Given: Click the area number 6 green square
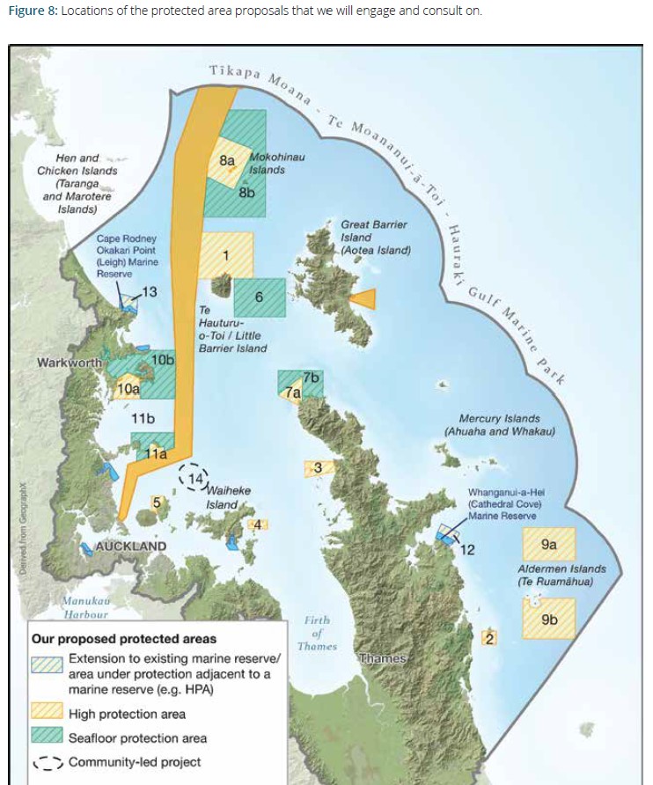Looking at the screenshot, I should [260, 297].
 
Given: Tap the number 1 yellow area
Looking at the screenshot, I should [226, 255].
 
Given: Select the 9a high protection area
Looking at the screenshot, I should [548, 546].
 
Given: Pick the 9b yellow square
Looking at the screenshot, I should [549, 619].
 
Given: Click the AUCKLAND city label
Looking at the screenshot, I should [130, 547].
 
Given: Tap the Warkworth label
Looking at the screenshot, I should [70, 363].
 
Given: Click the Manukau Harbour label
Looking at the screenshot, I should [85, 607].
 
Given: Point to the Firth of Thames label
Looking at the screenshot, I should [317, 633].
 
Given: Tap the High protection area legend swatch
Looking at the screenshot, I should [48, 714].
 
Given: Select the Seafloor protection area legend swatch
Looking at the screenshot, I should [48, 737].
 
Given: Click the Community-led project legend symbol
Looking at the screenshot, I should [48, 762].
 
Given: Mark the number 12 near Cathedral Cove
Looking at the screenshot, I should [467, 550].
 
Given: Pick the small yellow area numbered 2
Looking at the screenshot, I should [490, 637].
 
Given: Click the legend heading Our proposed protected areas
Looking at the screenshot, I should [123, 639].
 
